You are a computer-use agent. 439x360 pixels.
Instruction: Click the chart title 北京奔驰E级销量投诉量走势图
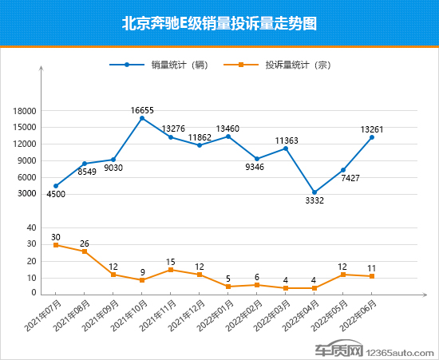(219, 23)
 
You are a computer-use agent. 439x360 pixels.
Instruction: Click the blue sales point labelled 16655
(142, 118)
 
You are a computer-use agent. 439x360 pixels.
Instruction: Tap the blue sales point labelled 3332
(314, 192)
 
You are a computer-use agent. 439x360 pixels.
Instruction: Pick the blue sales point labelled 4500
(56, 186)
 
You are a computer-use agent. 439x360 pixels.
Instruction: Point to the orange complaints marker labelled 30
(56, 245)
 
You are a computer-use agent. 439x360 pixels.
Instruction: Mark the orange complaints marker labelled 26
(85, 251)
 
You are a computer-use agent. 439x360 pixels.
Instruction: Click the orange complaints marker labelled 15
(171, 270)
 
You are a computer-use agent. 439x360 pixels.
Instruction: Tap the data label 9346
(257, 168)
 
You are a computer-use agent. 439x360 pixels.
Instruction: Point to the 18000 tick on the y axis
(25, 111)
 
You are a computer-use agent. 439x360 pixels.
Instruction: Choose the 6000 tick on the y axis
(27, 177)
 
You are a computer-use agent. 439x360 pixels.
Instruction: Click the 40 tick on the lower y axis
(31, 228)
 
